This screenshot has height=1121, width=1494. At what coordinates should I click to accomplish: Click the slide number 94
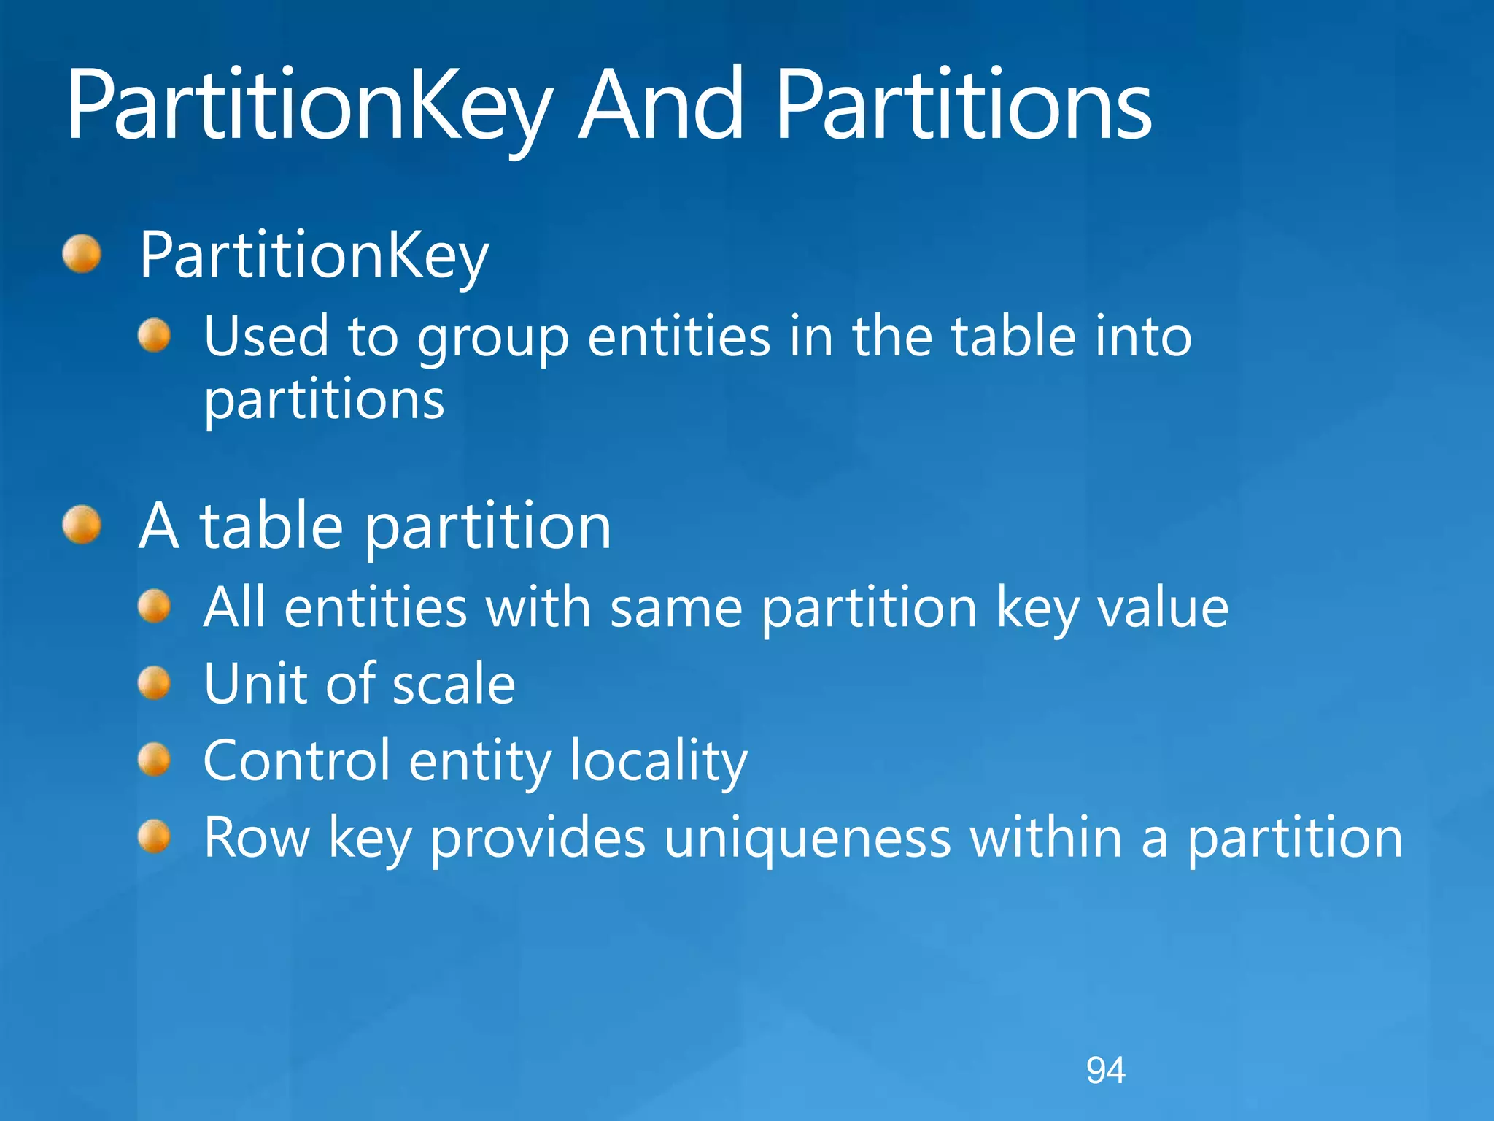pyautogui.click(x=1105, y=1071)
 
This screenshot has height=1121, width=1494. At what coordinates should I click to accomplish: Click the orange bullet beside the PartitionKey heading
pyautogui.click(x=82, y=254)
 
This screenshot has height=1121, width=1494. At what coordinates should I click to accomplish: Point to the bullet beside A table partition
pyautogui.click(x=82, y=525)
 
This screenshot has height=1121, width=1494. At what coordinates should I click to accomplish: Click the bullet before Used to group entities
pyautogui.click(x=154, y=336)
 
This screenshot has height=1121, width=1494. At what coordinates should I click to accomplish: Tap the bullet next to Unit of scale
pyautogui.click(x=154, y=683)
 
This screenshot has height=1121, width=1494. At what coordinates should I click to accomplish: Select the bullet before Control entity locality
pyautogui.click(x=154, y=760)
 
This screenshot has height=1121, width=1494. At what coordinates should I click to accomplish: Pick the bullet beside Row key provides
pyautogui.click(x=154, y=836)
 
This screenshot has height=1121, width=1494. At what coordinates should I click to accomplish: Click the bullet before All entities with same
pyautogui.click(x=154, y=606)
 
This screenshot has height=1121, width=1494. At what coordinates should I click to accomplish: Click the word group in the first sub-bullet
pyautogui.click(x=492, y=339)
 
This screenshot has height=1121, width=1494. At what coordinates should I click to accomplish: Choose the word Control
pyautogui.click(x=297, y=760)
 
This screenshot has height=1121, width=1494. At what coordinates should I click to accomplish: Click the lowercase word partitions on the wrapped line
pyautogui.click(x=324, y=402)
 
